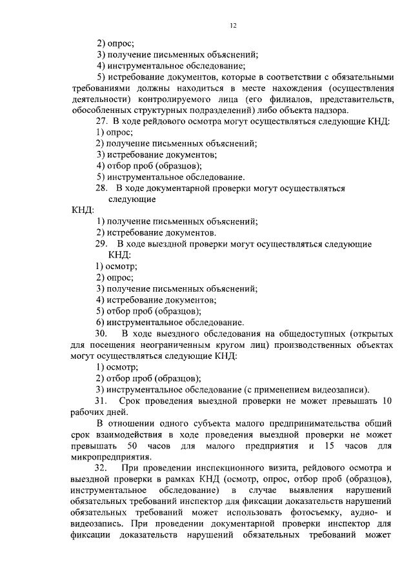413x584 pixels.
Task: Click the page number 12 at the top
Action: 233,25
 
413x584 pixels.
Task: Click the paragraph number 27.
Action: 102,121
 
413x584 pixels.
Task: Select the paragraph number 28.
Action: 102,188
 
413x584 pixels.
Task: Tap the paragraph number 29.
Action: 102,244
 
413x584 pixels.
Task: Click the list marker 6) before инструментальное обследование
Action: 100,322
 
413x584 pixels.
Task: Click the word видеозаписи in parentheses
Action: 343,389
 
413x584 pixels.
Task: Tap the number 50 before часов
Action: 132,445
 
